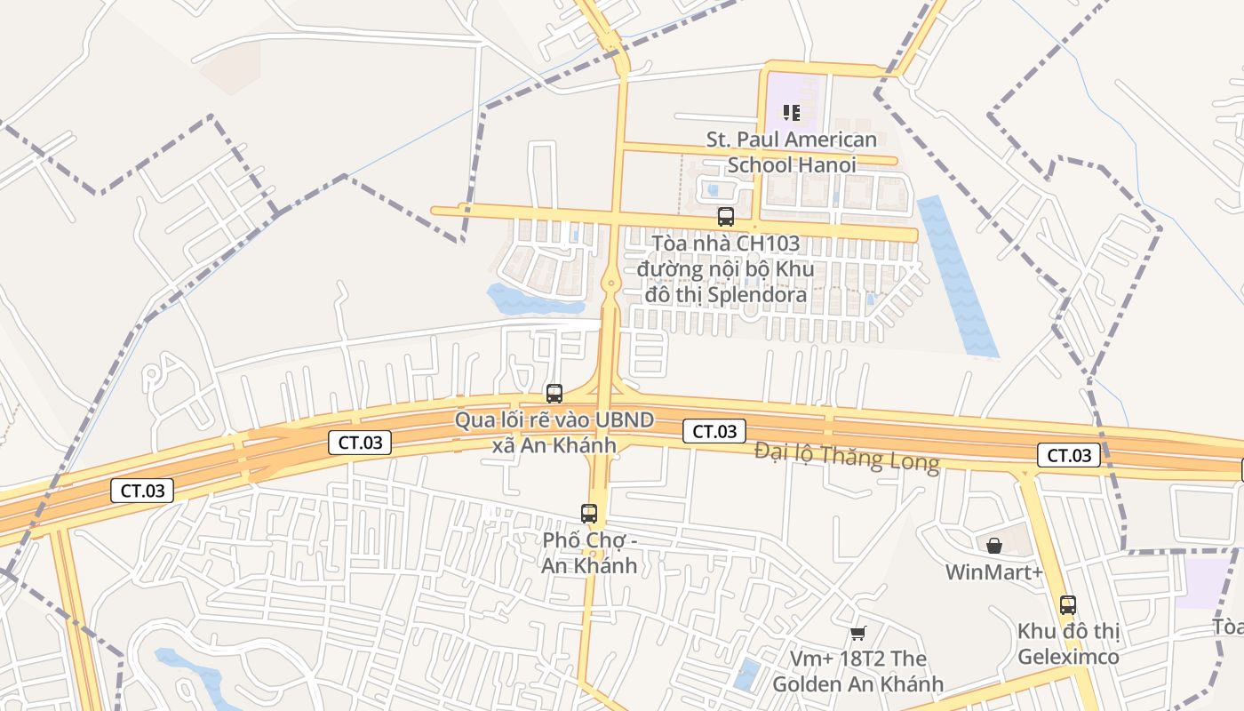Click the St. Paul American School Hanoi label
coord(791,152)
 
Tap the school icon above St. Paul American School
coord(791,113)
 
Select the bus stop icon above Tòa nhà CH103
coord(726,216)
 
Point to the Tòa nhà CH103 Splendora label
coord(725,268)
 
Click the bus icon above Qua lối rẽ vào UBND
coord(554,393)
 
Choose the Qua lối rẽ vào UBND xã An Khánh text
coord(554,432)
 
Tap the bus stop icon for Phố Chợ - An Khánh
coord(589,513)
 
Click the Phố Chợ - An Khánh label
coord(590,553)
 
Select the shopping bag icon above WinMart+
coord(994,545)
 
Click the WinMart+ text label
coord(993,571)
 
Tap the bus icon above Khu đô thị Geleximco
coord(1067,605)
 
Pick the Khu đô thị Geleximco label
coord(1067,644)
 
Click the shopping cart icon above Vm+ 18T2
coord(857,633)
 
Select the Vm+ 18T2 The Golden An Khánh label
coord(857,671)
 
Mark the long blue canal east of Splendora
coord(957,276)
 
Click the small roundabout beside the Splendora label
coord(610,284)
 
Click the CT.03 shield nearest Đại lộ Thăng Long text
coord(714,432)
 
